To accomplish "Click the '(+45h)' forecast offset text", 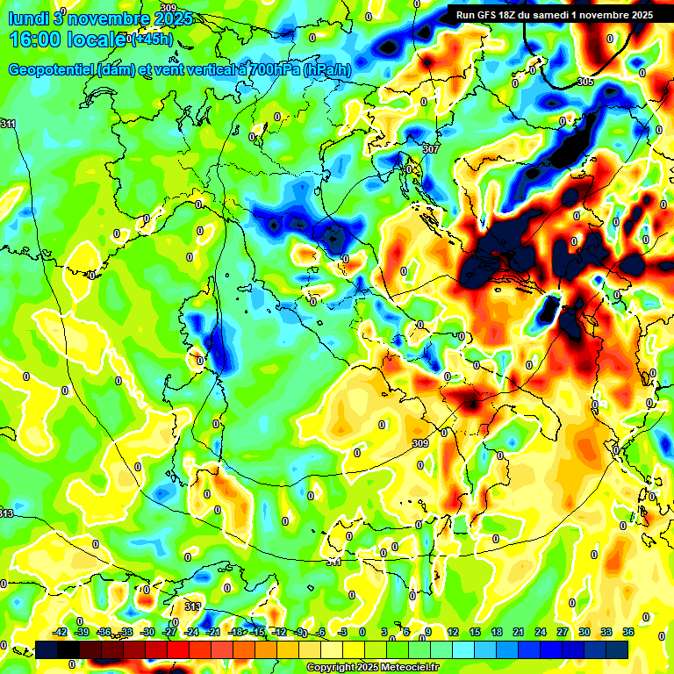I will (149, 39).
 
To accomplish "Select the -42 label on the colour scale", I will (61, 632).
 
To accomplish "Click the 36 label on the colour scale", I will (627, 632).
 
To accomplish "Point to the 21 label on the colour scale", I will (519, 632).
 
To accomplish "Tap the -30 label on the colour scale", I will (148, 632).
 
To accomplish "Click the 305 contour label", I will (585, 82).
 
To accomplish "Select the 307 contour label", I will (430, 149).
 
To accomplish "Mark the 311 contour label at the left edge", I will (8, 124).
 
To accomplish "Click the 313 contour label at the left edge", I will (6, 513).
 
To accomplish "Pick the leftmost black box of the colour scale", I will (47, 649).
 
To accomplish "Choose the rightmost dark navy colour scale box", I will (617, 649).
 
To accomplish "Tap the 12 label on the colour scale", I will (453, 632).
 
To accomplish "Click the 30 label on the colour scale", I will (584, 632).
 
